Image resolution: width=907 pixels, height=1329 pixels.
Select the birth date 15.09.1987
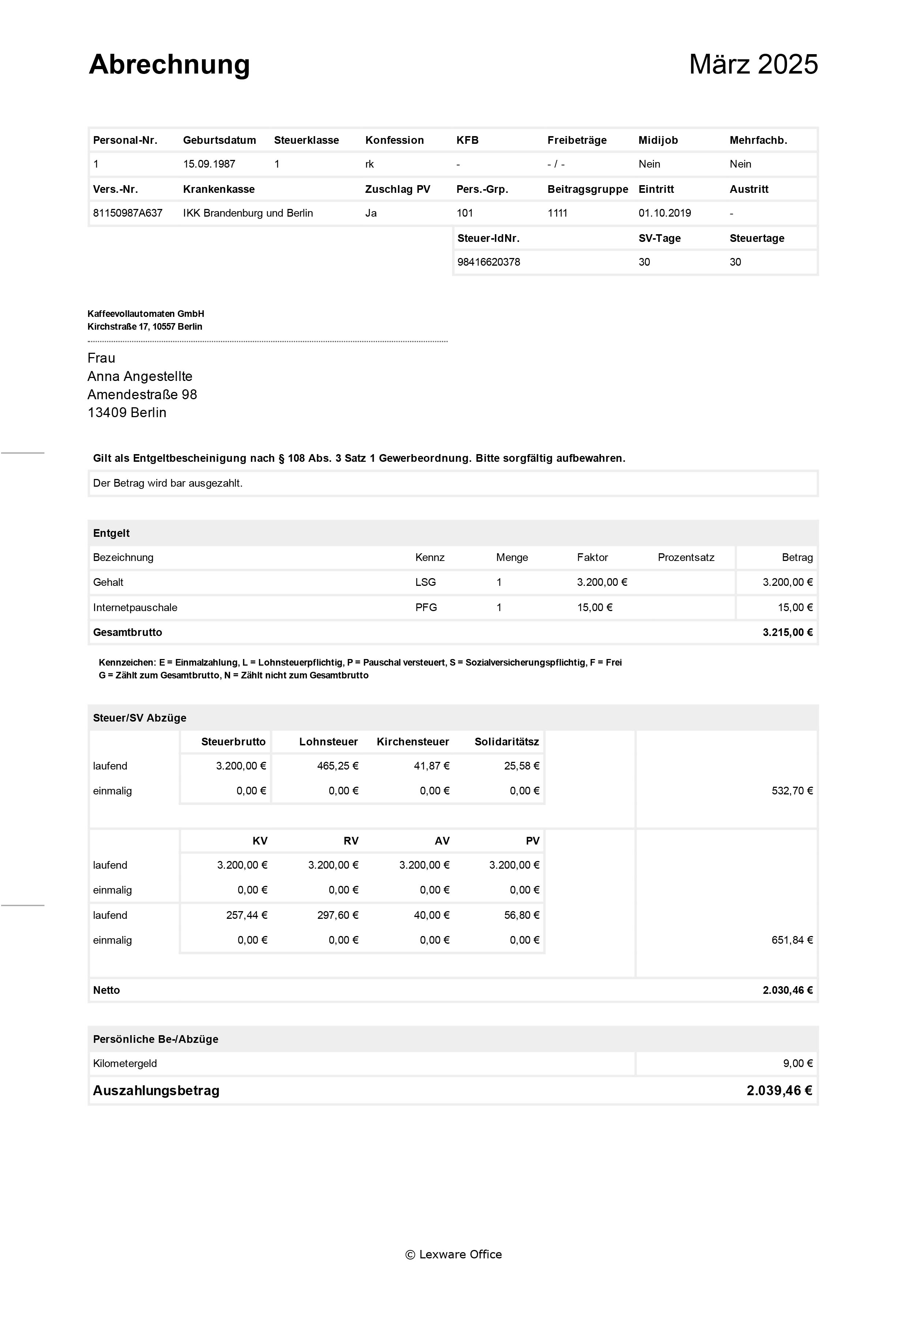(x=209, y=164)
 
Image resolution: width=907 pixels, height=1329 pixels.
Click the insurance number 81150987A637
(x=127, y=213)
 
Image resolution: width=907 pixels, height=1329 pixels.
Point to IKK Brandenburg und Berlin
(x=248, y=213)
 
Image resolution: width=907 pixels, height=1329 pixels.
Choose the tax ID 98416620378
(x=489, y=262)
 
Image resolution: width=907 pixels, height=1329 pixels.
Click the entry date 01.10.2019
(x=665, y=213)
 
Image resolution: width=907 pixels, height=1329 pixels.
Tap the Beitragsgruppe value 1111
(x=557, y=213)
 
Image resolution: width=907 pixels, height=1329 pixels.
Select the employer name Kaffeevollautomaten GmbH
(x=146, y=313)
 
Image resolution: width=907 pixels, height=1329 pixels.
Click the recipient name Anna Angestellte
(x=140, y=376)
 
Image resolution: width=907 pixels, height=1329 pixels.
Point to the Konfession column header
(x=394, y=140)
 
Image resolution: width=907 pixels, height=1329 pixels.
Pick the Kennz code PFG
(x=426, y=607)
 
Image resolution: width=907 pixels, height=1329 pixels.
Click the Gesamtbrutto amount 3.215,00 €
(x=787, y=632)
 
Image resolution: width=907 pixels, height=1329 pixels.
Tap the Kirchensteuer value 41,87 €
(x=432, y=766)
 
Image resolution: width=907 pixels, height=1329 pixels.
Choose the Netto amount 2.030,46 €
(x=787, y=990)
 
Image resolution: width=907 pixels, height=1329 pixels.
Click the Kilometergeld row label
(x=125, y=1064)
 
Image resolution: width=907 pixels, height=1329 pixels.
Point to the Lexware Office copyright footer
(x=453, y=1254)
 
